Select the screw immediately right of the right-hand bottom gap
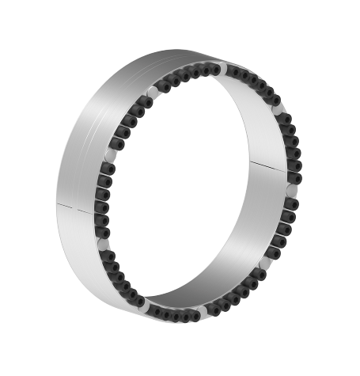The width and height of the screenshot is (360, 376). [x=221, y=310]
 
